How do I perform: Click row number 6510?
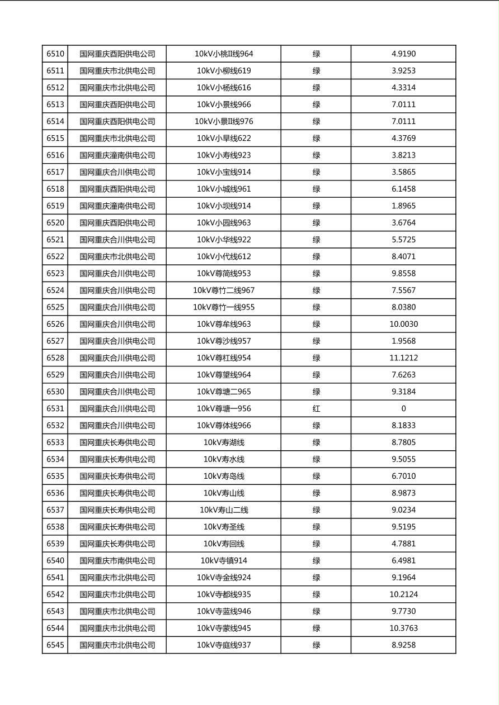(55, 54)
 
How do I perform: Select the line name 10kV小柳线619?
(224, 71)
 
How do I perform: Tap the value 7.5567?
(403, 290)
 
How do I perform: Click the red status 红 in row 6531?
(316, 409)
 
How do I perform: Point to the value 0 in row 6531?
(403, 409)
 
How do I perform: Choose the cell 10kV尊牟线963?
(224, 324)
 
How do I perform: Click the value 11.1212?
(403, 358)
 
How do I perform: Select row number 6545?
(55, 645)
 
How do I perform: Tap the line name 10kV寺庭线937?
(224, 645)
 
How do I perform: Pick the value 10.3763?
(403, 628)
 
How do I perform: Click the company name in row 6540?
(117, 561)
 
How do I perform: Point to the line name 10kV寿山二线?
(224, 510)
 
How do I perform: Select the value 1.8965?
(403, 206)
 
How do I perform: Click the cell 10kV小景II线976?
(224, 122)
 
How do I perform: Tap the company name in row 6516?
(117, 155)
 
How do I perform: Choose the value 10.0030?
(403, 324)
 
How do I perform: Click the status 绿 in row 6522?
(316, 257)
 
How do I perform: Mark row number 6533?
(55, 442)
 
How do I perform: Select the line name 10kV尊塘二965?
(224, 392)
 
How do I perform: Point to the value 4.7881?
(403, 544)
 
